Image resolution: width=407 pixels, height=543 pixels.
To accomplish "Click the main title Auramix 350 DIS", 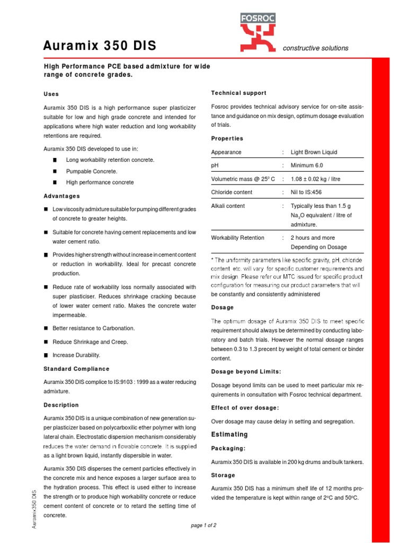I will (x=100, y=47).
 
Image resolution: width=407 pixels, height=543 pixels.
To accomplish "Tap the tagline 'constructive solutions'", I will (x=316, y=48).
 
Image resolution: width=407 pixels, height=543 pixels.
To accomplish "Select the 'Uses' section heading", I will (x=51, y=94).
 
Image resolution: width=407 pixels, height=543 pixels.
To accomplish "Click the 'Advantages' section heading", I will (x=61, y=196).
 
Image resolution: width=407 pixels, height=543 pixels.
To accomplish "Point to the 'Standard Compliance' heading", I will (x=76, y=369).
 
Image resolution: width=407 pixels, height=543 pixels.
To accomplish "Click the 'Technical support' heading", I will (x=238, y=93).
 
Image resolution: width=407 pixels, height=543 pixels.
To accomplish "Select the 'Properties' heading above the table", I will (x=227, y=138).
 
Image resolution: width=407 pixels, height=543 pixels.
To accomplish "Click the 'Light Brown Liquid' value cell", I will (x=314, y=152).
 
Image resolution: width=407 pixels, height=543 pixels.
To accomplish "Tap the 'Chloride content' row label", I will (x=232, y=192).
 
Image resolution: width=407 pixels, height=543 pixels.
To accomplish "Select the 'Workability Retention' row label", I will (x=237, y=238).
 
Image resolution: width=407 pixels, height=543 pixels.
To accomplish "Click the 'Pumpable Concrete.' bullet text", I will (x=92, y=171).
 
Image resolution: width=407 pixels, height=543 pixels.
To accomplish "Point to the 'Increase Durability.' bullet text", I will (x=76, y=355).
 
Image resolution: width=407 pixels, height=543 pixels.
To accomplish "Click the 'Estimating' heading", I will (x=229, y=435).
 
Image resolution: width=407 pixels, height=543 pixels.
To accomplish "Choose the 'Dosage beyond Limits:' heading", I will (x=246, y=371).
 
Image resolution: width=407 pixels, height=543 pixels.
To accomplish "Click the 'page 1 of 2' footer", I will (x=203, y=525).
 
